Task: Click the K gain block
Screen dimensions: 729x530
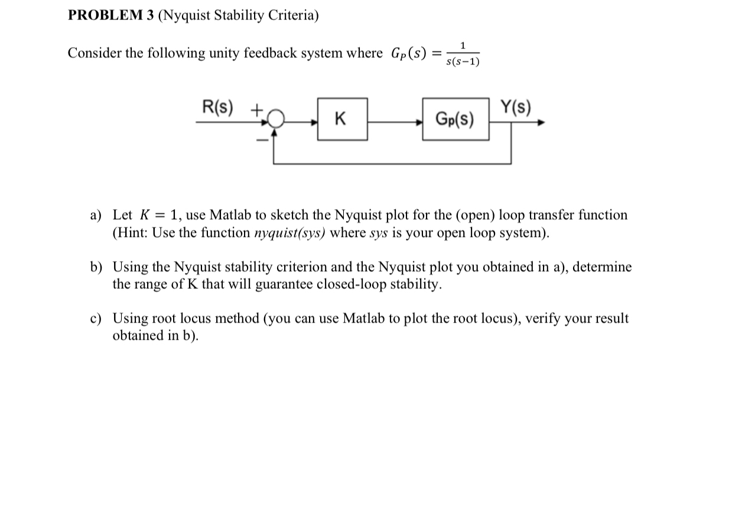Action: click(x=342, y=119)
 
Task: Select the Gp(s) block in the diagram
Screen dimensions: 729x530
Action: click(x=455, y=119)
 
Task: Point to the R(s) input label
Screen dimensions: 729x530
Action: click(x=218, y=108)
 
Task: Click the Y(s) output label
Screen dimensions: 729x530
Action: click(x=515, y=108)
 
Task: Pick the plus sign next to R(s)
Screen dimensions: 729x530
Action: click(x=256, y=109)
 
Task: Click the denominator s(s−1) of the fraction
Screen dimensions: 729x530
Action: click(x=463, y=61)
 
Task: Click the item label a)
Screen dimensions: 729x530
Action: click(x=96, y=215)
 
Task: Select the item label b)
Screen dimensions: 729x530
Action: click(x=96, y=267)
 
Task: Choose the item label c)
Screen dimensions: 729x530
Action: click(x=96, y=319)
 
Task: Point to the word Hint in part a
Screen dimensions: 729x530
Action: click(x=131, y=233)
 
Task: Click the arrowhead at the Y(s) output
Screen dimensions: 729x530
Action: click(x=540, y=123)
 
